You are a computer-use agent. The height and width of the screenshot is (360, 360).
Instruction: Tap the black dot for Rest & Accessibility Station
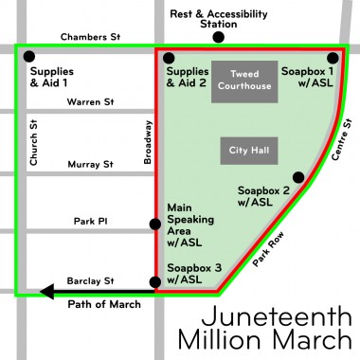coord(218,38)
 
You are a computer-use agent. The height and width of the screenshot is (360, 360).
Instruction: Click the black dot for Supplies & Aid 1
coord(29,57)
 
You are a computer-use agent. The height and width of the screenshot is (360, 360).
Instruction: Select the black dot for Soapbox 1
coord(333,57)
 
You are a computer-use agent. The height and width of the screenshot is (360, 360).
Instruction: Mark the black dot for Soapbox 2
coord(298,177)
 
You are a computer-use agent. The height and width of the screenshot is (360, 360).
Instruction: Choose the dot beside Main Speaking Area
coord(155,225)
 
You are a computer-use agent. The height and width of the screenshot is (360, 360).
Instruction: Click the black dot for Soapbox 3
coord(155,282)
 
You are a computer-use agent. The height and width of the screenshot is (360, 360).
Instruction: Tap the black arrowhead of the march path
coord(43,292)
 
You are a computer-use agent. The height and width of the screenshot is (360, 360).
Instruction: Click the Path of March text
coord(104,304)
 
